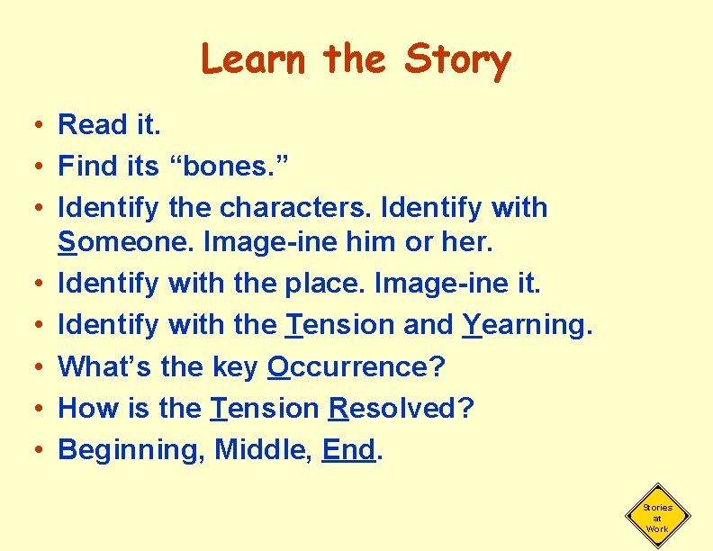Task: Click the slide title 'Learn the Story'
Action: coord(356,59)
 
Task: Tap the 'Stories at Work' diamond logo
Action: coord(657,519)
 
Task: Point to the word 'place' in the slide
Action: coord(325,284)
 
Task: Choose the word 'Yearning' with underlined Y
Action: coord(528,325)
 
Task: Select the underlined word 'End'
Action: coord(347,449)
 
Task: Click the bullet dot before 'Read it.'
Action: coord(32,125)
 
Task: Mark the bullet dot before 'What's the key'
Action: coord(32,366)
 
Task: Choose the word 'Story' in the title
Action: coord(457,59)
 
